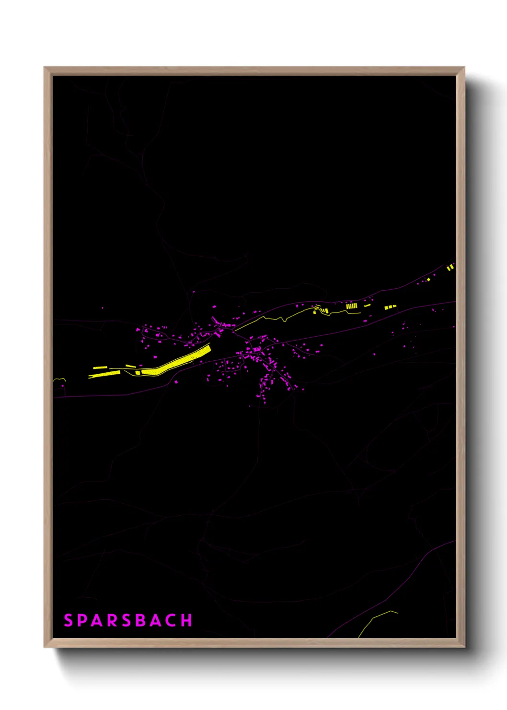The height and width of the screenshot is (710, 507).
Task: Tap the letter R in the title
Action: pyautogui.click(x=112, y=620)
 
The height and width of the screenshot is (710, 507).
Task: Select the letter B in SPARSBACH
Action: pyautogui.click(x=141, y=620)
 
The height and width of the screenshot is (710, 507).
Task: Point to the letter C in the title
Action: pyautogui.click(x=171, y=620)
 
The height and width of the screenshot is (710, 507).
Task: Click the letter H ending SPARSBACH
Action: pyautogui.click(x=187, y=620)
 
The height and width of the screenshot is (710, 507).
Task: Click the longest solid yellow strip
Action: pyautogui.click(x=177, y=361)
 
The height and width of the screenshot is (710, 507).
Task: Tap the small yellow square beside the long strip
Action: pyautogui.click(x=138, y=372)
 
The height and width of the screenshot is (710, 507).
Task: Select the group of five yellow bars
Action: pyautogui.click(x=351, y=306)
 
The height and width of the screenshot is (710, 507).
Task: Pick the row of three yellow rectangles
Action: pyautogui.click(x=390, y=307)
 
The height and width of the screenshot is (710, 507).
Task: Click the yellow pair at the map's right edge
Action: pyautogui.click(x=450, y=267)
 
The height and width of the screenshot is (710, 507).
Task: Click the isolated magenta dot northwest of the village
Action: pyautogui.click(x=102, y=308)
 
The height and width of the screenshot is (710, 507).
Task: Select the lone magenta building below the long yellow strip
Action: pyautogui.click(x=176, y=382)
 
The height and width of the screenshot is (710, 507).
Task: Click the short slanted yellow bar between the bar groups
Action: pyautogui.click(x=367, y=305)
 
